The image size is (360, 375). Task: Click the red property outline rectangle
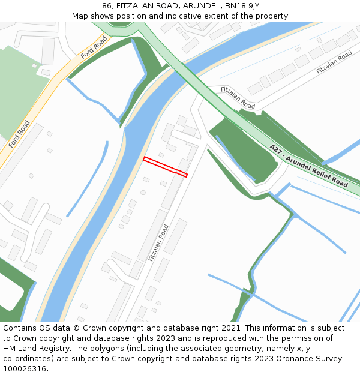tap(165, 167)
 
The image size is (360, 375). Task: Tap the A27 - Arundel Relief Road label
tap(308, 166)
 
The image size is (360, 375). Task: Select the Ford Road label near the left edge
tap(19, 134)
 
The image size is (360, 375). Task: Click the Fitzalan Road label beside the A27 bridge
tap(238, 98)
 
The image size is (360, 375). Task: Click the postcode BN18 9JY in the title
tap(242, 5)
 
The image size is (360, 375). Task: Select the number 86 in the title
tap(107, 5)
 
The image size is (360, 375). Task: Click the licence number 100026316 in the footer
tap(23, 369)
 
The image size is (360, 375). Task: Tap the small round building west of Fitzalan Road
tap(143, 193)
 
